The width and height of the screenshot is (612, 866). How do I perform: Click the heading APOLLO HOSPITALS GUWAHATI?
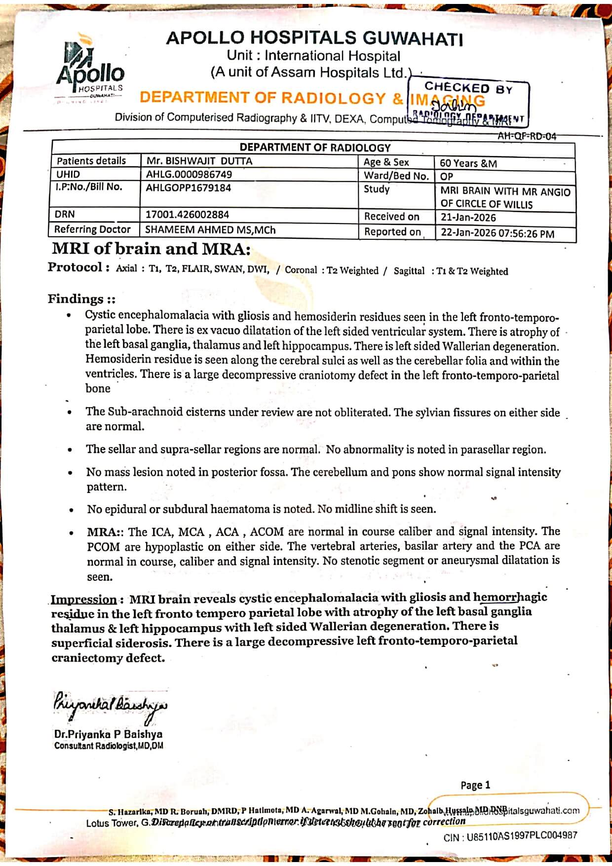(x=314, y=38)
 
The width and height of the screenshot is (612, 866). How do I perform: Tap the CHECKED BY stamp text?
(x=468, y=88)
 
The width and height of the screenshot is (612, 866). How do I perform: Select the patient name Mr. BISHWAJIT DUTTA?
(x=199, y=161)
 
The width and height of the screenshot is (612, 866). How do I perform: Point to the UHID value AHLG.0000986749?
(x=189, y=174)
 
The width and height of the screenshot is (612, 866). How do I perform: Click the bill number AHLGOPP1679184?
(x=188, y=188)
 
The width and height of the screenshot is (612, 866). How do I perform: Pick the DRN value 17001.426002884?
(x=187, y=215)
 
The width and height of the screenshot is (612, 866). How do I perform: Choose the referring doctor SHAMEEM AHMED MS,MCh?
(x=210, y=229)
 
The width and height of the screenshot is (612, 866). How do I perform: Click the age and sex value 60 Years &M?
(x=468, y=163)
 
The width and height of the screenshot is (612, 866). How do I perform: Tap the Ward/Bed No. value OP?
(x=447, y=176)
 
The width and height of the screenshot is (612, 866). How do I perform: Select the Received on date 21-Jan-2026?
(x=468, y=218)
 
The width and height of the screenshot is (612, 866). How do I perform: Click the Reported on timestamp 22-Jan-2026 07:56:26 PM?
(x=497, y=233)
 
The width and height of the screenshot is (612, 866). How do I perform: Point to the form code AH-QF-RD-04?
(x=527, y=136)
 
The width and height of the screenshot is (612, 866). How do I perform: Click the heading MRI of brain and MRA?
(x=151, y=249)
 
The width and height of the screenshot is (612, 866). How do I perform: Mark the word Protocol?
(x=75, y=267)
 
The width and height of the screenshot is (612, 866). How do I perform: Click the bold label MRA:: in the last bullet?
(x=105, y=532)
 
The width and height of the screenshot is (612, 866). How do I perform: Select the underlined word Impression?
(x=83, y=600)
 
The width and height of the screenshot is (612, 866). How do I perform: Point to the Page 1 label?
(x=475, y=785)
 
